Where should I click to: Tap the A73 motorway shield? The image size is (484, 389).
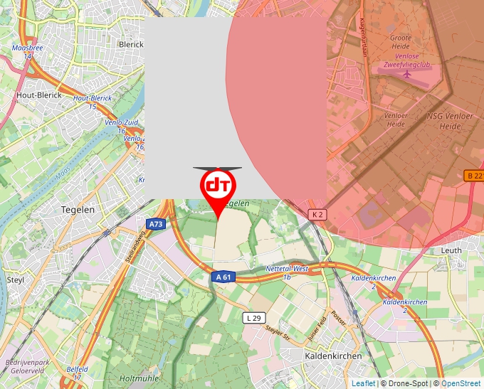tap(156, 224)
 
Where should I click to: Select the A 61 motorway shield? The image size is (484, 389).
tap(222, 277)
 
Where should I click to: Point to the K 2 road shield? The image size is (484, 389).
tap(317, 214)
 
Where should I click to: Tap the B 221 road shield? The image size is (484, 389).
tap(474, 175)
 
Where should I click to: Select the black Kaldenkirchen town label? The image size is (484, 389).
tap(333, 356)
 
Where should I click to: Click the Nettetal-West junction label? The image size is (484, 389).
tap(287, 270)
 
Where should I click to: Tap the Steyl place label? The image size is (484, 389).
tap(15, 279)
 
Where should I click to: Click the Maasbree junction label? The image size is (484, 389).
tap(27, 48)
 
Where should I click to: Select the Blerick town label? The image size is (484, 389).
tap(131, 44)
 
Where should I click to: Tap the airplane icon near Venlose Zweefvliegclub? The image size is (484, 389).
tap(407, 73)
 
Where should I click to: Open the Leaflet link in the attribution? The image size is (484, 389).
tap(363, 383)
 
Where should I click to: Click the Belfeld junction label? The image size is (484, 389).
tap(78, 370)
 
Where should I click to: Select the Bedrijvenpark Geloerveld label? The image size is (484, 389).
tap(27, 366)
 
